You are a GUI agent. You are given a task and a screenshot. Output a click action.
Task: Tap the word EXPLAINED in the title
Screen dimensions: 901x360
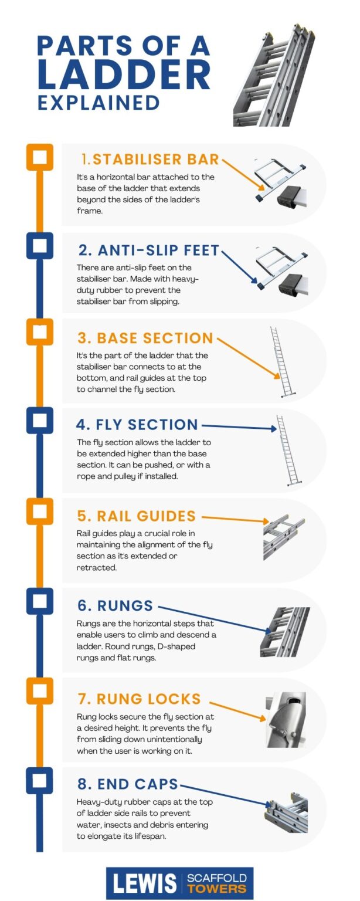coord(99,102)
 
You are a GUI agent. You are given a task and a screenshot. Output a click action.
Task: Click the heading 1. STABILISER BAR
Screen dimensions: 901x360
coord(150,160)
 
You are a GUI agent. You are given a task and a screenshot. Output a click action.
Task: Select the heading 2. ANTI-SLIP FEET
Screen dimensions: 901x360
coord(148,250)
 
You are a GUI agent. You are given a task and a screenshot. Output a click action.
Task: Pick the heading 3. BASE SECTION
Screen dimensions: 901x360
coord(145,338)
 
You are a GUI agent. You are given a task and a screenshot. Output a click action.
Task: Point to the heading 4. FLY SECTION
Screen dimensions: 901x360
coord(137,425)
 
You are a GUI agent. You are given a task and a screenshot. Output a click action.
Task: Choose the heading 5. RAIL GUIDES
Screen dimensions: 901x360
coord(137,516)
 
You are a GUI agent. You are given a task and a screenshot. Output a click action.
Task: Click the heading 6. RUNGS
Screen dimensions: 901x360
coord(116,605)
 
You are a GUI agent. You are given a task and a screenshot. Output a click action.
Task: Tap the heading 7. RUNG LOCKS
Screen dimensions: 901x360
coord(140,699)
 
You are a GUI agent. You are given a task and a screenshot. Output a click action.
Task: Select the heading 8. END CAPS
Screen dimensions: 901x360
coord(128,785)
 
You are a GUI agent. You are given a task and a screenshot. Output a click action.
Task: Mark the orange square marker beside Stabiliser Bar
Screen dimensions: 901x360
coord(39,157)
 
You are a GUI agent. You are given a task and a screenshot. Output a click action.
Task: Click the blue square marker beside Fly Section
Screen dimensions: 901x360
coord(39,420)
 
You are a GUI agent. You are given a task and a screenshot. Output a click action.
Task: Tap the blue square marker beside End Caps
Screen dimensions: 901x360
coord(39,780)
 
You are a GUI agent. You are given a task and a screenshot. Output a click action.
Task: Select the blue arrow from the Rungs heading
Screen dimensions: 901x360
coord(215,619)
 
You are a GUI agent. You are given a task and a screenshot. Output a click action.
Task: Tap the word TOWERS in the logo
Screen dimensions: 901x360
coord(216,889)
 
